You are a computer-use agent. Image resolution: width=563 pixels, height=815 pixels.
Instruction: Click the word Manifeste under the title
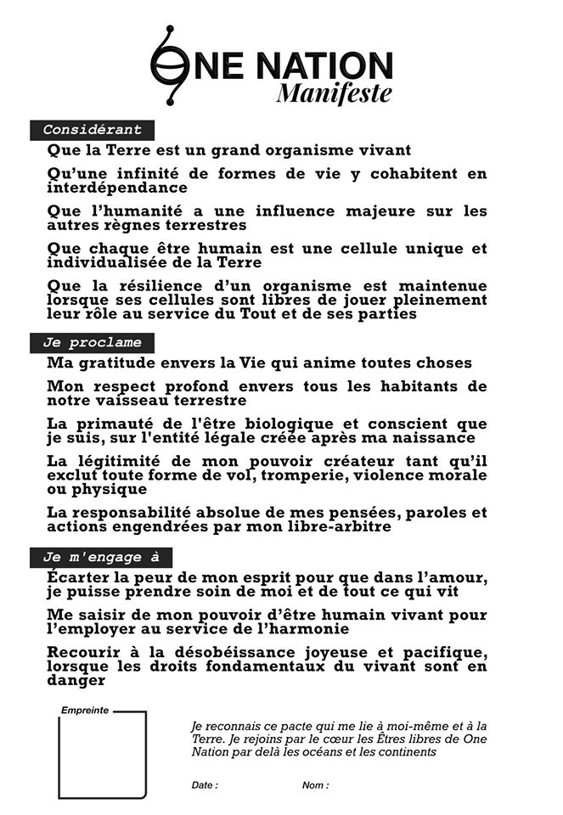334,92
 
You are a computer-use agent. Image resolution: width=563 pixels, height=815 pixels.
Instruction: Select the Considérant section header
93,130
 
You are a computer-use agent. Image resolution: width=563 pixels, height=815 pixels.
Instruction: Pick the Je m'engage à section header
101,557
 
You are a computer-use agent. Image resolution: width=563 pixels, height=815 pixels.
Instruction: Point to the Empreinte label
85,710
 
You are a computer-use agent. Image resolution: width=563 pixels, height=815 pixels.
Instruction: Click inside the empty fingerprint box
102,756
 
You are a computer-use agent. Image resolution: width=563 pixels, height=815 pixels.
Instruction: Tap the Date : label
205,785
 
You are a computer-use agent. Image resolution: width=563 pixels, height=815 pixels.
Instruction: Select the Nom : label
315,785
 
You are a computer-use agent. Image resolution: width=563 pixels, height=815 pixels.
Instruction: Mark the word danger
76,680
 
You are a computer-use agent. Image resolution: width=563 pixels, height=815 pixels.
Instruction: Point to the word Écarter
82,578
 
